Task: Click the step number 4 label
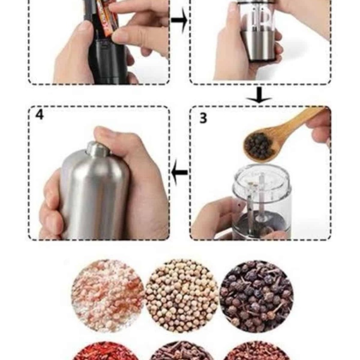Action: point(40,115)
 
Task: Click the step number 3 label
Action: point(203,118)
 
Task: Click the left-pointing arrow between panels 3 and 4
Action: point(179,173)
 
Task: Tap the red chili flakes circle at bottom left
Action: point(107,352)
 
